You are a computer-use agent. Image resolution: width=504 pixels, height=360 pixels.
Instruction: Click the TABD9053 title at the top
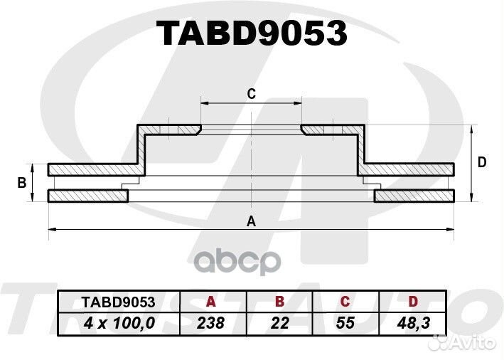click(x=252, y=33)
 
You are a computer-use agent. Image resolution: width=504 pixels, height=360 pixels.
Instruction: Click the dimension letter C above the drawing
click(x=251, y=93)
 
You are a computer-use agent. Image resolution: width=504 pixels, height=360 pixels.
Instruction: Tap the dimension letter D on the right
click(x=482, y=162)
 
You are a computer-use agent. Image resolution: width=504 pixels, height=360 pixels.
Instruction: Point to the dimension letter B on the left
click(x=22, y=183)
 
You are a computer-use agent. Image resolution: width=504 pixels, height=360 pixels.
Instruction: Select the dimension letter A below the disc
click(x=251, y=221)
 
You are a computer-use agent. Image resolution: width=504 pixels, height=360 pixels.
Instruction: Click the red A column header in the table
click(x=210, y=301)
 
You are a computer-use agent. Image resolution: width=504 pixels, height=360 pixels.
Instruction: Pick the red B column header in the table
click(x=280, y=301)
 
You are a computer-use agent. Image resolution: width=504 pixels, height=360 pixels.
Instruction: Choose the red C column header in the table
click(x=345, y=301)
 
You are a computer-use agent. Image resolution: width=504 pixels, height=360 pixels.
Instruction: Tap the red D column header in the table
click(x=413, y=301)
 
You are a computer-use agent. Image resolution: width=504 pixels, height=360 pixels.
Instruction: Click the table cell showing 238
click(x=210, y=323)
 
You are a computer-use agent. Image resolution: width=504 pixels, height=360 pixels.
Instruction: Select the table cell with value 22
click(x=280, y=323)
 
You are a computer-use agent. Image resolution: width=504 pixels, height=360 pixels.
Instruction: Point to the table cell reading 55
click(x=345, y=323)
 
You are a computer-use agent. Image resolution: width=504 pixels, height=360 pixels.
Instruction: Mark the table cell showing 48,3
click(x=413, y=323)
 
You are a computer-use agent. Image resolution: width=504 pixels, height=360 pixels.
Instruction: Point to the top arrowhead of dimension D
click(x=472, y=129)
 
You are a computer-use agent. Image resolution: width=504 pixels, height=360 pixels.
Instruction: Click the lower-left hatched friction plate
click(x=87, y=196)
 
